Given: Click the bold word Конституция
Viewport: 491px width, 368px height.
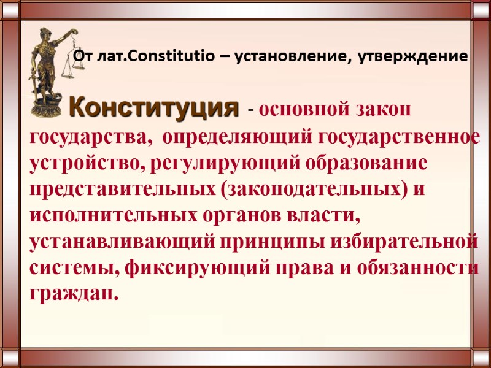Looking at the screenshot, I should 153,108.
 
